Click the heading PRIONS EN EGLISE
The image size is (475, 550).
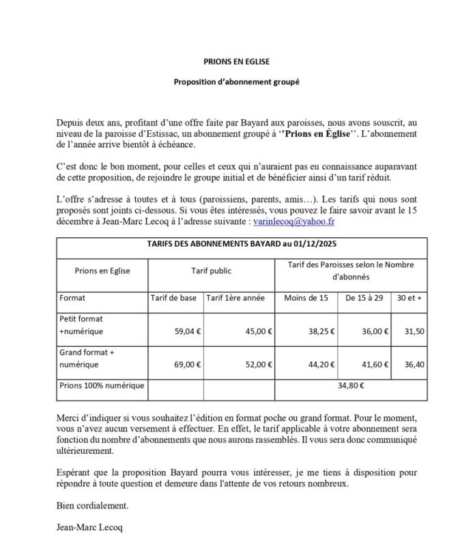[x=237, y=61]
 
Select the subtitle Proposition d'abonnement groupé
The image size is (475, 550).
[x=237, y=82]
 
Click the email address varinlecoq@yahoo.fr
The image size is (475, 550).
[x=293, y=222]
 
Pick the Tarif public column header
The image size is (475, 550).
[x=211, y=271]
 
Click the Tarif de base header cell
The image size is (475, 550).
[x=173, y=298]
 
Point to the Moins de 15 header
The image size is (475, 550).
[x=304, y=298]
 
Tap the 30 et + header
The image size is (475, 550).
[x=413, y=298]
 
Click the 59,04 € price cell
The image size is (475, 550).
[x=188, y=331]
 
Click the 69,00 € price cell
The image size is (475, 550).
[x=188, y=365]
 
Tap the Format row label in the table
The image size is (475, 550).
[x=73, y=298]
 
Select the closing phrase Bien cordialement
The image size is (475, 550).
[x=92, y=506]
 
